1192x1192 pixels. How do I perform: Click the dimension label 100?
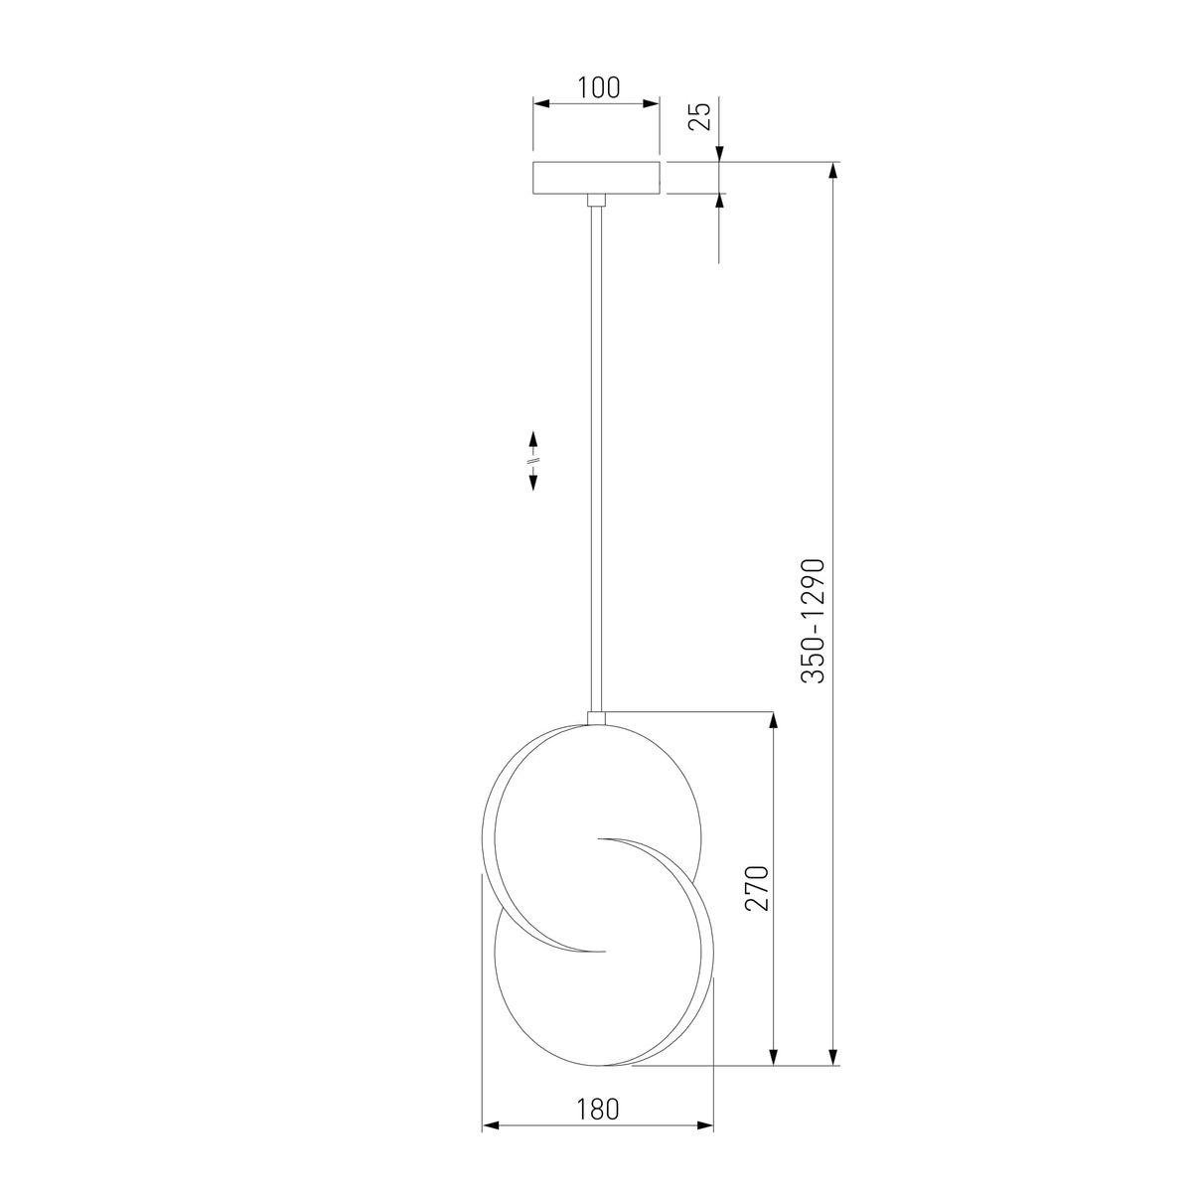(x=598, y=87)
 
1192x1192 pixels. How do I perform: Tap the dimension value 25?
(x=700, y=115)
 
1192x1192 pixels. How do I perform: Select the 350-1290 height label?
(x=814, y=621)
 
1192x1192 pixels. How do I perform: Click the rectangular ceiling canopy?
(x=598, y=178)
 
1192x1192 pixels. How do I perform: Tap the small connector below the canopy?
(x=596, y=200)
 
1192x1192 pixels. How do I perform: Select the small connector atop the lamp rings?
(x=596, y=718)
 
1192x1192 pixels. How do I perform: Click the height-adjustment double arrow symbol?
(x=532, y=461)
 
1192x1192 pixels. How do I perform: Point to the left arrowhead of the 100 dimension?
(x=541, y=103)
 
